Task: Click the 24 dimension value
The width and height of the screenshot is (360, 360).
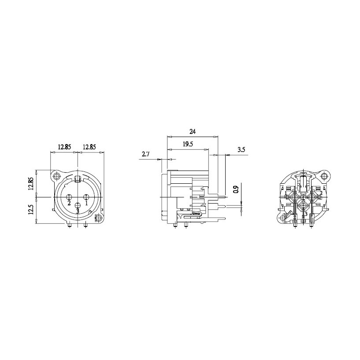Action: [193, 132]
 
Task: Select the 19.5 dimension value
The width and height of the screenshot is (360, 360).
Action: [188, 144]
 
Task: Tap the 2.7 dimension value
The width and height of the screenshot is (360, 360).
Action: [145, 154]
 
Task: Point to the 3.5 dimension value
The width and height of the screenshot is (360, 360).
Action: [241, 150]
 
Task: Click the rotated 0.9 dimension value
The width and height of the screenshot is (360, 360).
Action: [237, 189]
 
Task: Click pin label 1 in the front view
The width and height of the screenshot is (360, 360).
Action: [86, 203]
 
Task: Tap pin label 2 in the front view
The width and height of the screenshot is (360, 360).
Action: [69, 203]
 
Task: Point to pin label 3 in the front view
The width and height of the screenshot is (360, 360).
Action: [78, 211]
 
